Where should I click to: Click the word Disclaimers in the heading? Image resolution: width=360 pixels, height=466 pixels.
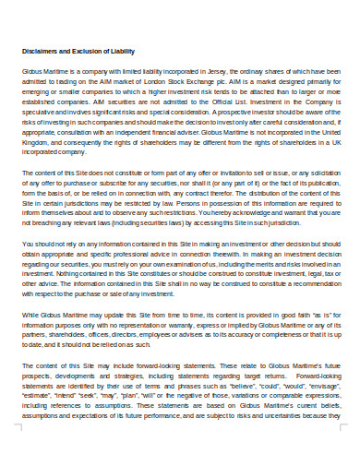pos(40,50)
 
